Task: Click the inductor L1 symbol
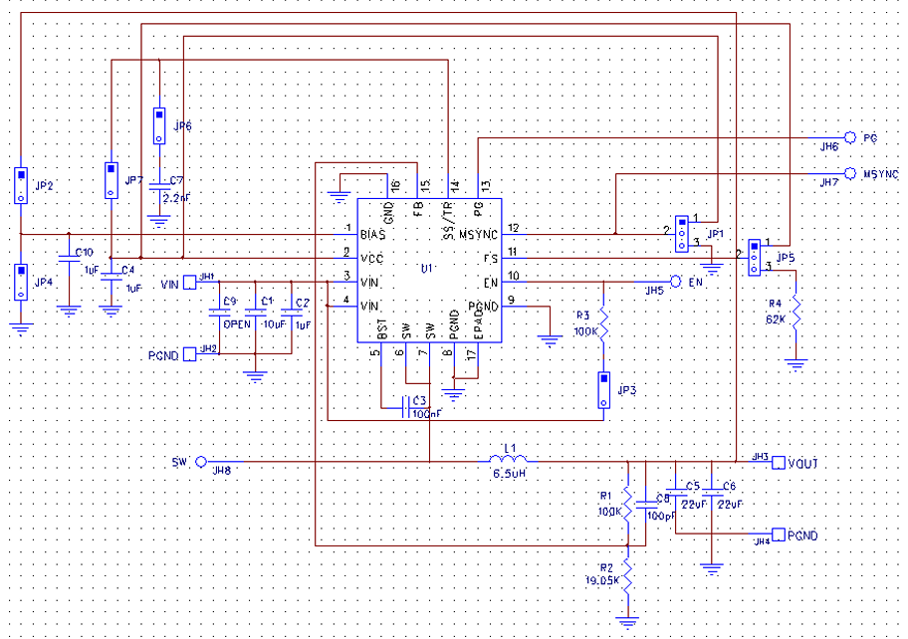pos(508,460)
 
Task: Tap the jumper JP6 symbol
pos(158,125)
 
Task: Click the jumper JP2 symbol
pos(19,185)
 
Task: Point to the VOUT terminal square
pos(779,462)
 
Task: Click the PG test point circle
pos(850,137)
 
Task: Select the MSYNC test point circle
pos(850,173)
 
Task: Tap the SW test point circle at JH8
pos(201,462)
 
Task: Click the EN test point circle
pos(675,282)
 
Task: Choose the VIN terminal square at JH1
pos(189,283)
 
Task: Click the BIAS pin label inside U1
pos(372,234)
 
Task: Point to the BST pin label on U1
pos(381,327)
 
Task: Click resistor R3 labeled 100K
pos(603,324)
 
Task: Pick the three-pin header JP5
pos(755,256)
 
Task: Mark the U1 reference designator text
pos(425,269)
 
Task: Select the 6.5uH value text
pos(509,475)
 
